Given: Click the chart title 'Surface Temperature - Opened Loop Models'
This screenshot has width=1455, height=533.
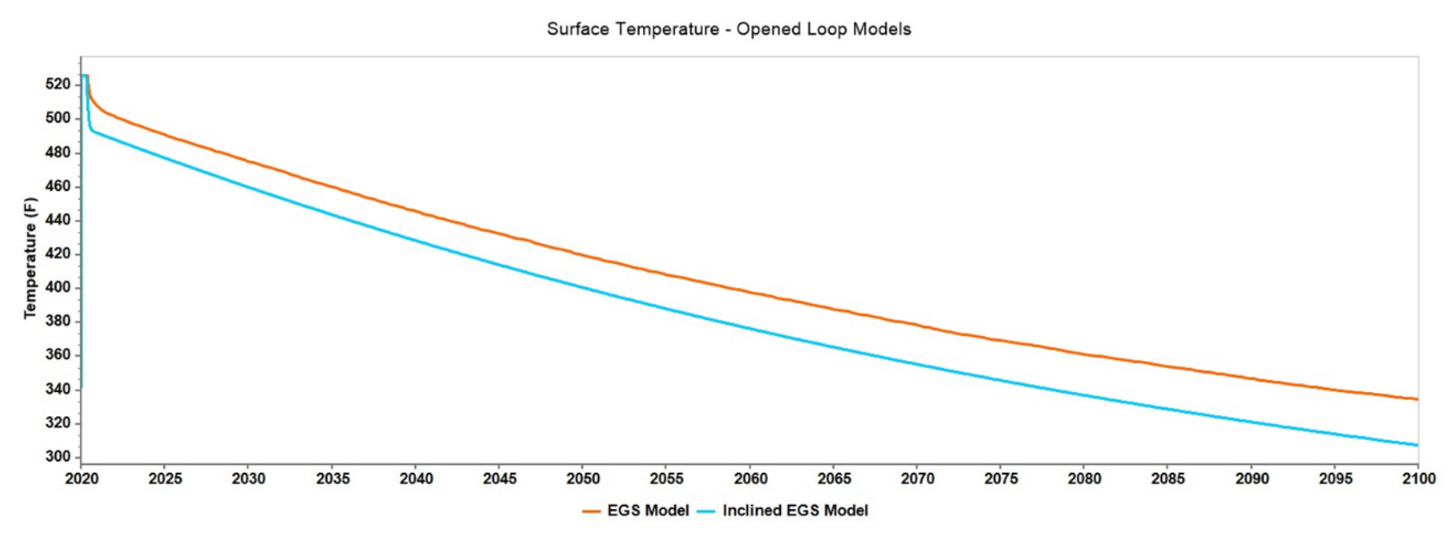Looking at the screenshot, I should point(728,29).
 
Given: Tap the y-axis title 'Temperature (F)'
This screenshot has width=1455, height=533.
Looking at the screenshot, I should point(30,258).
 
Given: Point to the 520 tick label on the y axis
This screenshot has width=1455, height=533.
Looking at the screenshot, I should point(58,84).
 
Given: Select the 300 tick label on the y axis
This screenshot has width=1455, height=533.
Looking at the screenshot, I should point(58,456).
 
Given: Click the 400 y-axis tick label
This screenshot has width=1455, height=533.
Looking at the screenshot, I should point(58,287).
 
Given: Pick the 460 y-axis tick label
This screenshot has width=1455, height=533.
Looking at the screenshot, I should point(58,186).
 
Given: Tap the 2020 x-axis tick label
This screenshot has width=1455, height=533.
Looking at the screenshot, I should point(82,478).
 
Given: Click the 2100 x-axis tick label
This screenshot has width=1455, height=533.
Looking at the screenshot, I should point(1418,478).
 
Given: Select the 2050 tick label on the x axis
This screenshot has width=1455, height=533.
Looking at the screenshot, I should point(583,478).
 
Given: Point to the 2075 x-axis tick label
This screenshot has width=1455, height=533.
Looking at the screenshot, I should point(1001,478).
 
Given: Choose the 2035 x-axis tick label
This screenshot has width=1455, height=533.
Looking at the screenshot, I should point(332,478).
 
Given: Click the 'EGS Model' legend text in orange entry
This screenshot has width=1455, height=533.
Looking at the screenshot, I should point(648,510).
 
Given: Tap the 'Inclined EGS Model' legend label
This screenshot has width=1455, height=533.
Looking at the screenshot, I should point(795,510).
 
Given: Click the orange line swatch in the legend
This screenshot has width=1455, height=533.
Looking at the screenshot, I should point(591,511).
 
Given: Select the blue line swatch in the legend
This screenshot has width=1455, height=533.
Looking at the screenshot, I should point(706,511).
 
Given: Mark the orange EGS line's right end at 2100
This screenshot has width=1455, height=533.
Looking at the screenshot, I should point(1417,399).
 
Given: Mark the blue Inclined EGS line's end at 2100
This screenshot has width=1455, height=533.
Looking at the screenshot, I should point(1417,445).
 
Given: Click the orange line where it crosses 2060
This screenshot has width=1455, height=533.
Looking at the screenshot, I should point(750,292).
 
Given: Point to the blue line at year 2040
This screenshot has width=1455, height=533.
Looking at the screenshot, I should point(416,240).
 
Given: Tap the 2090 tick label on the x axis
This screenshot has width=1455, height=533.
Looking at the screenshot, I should point(1251,478).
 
